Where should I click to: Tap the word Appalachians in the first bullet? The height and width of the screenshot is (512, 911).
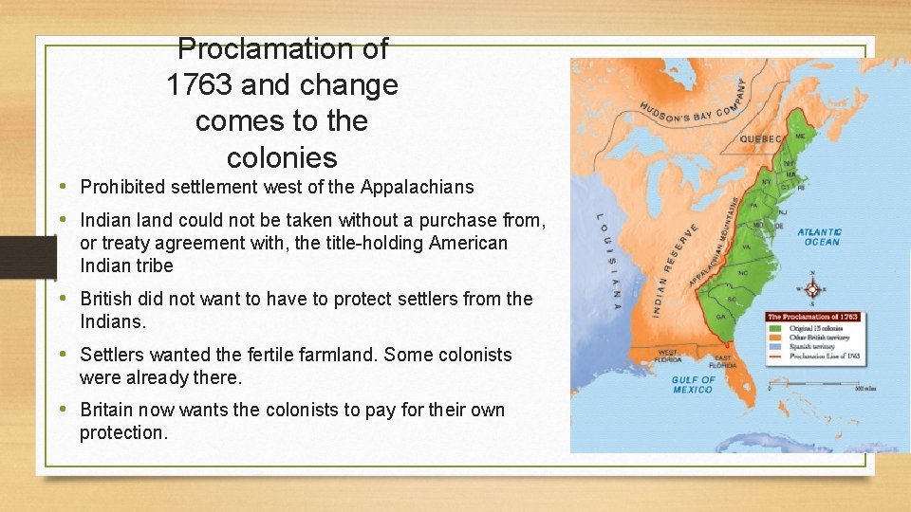[x=422, y=187]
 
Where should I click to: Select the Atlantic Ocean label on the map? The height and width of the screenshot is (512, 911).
[x=819, y=236]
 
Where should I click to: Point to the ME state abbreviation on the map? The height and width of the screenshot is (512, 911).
[x=799, y=137]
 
